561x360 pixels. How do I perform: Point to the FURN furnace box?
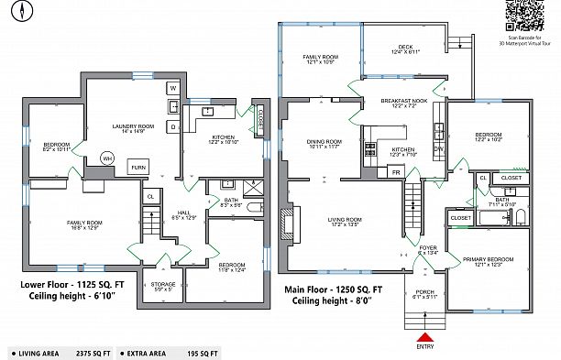click(137, 168)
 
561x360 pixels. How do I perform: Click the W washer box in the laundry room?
click(172, 88)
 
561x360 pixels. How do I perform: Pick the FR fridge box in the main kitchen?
click(396, 172)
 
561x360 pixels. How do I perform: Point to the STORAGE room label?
click(164, 285)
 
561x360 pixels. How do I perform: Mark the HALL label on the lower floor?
click(184, 213)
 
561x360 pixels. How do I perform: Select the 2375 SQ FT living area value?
click(93, 352)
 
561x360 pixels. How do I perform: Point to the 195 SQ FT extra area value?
click(201, 352)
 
